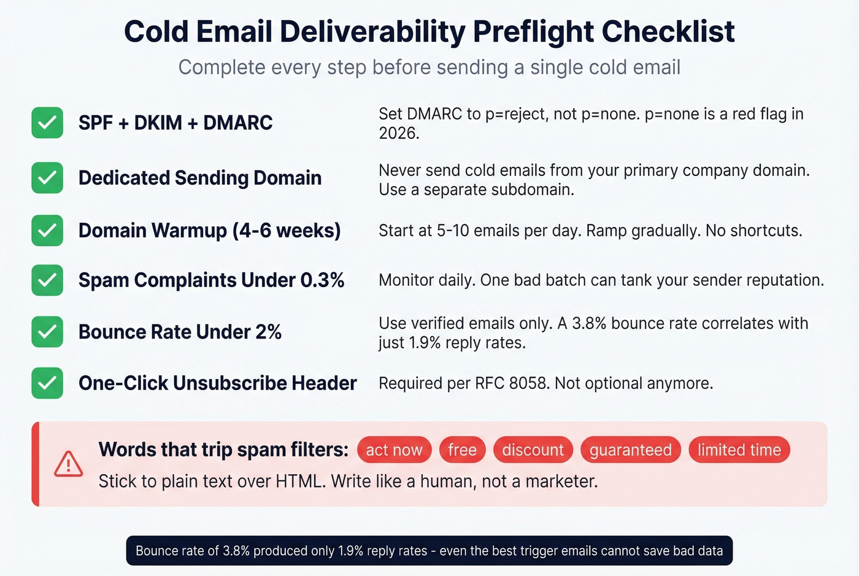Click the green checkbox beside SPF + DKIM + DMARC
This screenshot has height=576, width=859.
47,123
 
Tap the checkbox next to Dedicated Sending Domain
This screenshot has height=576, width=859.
47,178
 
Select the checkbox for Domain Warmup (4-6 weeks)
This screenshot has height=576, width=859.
47,231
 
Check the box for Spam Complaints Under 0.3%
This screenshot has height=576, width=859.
47,280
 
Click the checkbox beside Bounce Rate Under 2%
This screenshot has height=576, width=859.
47,332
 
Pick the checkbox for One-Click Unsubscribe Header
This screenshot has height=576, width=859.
47,383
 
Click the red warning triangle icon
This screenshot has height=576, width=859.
68,464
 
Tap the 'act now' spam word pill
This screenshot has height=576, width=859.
394,450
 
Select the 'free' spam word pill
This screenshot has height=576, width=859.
462,450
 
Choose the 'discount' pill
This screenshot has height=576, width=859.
533,450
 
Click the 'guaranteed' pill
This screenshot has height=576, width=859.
630,450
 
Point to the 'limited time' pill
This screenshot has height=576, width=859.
739,450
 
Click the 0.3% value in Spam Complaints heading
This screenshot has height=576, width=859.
322,280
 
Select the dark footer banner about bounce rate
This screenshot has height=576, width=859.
429,550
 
